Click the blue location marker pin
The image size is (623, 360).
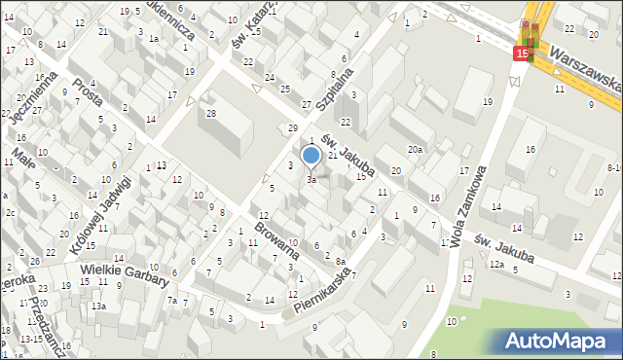click(311, 156)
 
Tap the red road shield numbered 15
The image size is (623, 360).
click(523, 54)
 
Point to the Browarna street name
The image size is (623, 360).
click(277, 238)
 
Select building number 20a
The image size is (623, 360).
click(416, 149)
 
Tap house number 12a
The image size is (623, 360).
click(497, 265)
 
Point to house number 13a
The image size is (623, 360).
click(98, 306)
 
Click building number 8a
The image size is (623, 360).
click(340, 261)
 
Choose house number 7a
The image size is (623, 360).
click(172, 301)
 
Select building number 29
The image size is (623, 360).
click(292, 128)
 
